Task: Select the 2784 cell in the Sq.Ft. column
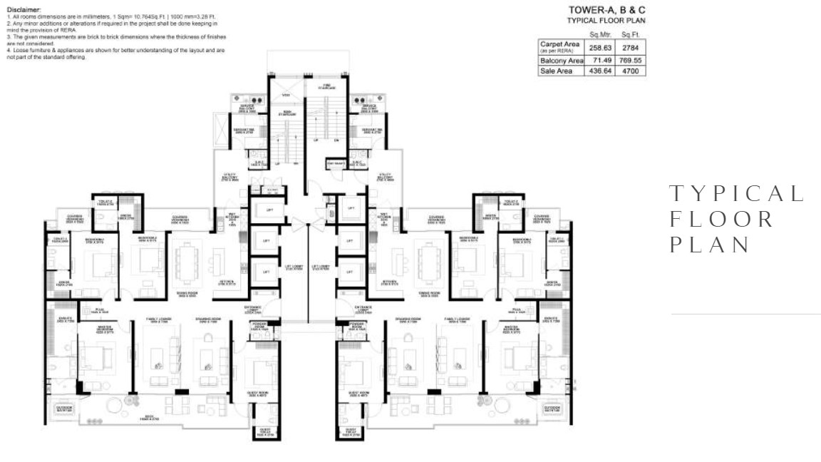click(x=631, y=47)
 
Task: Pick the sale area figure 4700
click(x=631, y=71)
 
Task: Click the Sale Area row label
click(x=556, y=71)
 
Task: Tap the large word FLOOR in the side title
click(x=722, y=219)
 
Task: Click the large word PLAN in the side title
click(x=711, y=245)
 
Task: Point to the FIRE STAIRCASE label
click(x=327, y=87)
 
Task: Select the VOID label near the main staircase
click(x=286, y=96)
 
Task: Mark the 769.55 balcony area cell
click(x=631, y=61)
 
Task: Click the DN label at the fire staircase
click(x=336, y=140)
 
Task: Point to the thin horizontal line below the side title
click(x=745, y=314)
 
